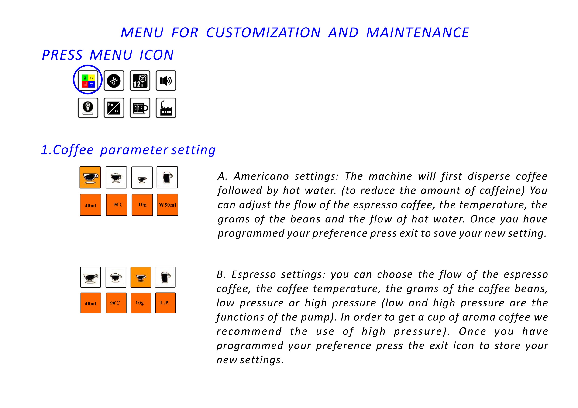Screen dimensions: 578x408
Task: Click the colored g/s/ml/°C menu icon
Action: coord(88,81)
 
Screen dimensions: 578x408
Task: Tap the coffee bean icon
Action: coord(114,81)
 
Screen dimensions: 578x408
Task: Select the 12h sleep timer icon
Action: coord(140,81)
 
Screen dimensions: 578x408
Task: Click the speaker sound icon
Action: coord(166,81)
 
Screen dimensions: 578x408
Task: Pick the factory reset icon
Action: coord(166,108)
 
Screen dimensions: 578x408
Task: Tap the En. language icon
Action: coord(114,108)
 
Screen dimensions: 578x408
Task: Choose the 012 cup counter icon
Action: coord(140,108)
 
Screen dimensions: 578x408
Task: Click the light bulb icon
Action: coord(88,108)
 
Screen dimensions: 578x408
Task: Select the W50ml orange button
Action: coord(167,205)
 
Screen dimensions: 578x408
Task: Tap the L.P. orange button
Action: coord(165,303)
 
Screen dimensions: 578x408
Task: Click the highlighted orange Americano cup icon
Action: coord(90,177)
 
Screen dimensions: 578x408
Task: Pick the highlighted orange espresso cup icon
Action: coord(141,277)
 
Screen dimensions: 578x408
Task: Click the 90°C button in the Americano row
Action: coord(117,205)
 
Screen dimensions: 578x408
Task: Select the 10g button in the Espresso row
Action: coord(141,303)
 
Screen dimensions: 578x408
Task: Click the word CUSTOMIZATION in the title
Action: coord(263,32)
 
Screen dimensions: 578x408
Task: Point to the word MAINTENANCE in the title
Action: coord(418,32)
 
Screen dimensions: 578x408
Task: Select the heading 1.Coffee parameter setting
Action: coord(128,150)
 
